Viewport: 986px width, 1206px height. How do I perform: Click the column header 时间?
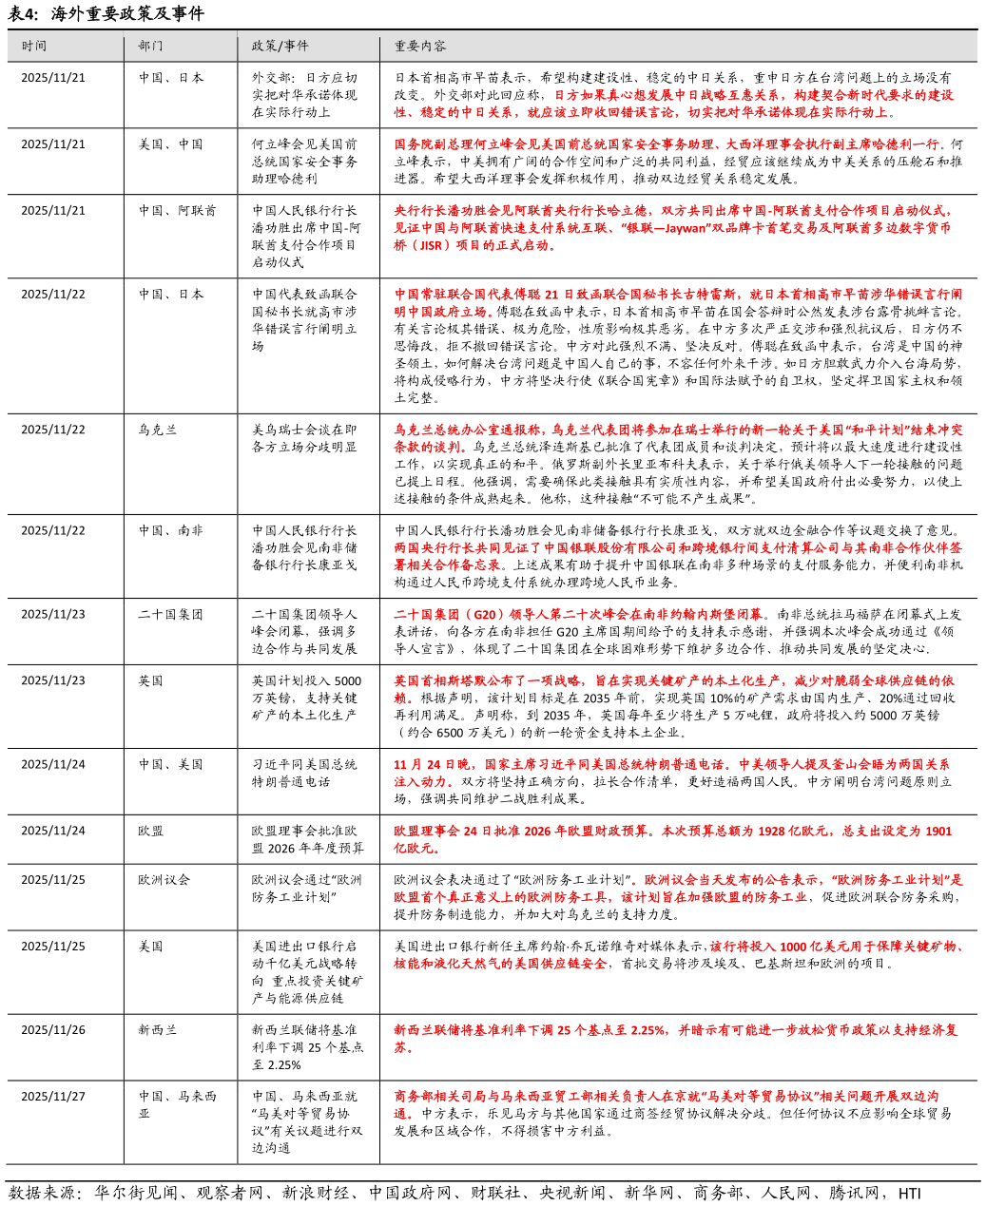(x=34, y=46)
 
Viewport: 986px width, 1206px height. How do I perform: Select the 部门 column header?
(x=150, y=46)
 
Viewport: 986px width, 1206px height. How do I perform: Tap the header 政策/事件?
(x=280, y=46)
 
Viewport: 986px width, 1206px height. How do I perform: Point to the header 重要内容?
(x=420, y=46)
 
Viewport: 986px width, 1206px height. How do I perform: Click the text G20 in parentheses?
(x=483, y=615)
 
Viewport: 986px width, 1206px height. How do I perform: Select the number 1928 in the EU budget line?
(x=772, y=832)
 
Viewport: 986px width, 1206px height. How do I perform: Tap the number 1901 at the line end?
(x=938, y=832)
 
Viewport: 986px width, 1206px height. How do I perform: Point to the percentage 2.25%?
(x=648, y=1030)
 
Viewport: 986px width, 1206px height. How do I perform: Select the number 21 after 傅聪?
(x=551, y=295)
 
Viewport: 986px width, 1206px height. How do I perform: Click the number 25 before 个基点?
(x=552, y=1030)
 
